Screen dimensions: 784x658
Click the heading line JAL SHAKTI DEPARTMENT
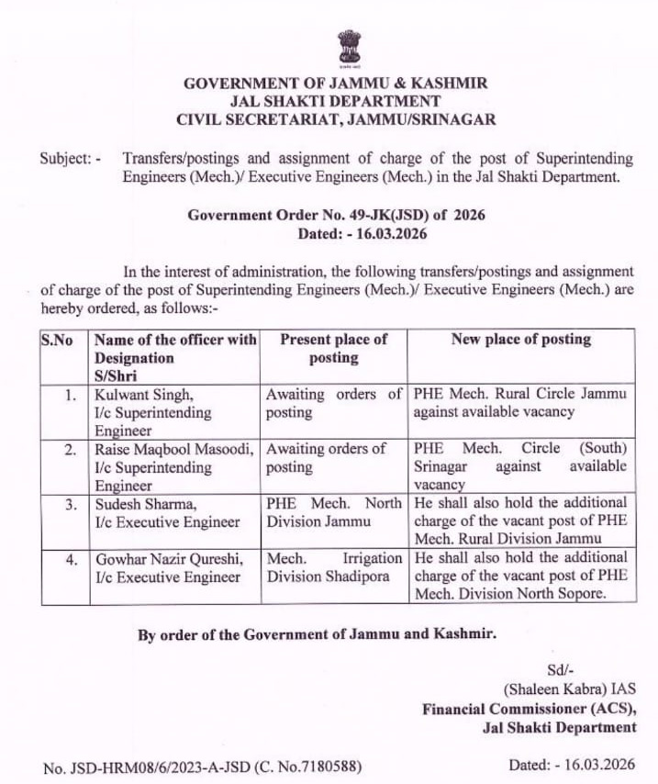(336, 101)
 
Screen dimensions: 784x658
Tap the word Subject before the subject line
(63, 158)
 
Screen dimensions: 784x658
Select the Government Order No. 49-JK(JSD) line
(336, 215)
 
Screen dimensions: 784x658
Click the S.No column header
(57, 340)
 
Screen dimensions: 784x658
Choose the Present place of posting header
(333, 348)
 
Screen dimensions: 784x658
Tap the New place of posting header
(520, 340)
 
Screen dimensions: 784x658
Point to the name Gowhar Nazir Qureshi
(170, 558)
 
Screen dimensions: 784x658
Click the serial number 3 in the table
(71, 504)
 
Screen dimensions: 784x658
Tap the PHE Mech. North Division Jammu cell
(333, 512)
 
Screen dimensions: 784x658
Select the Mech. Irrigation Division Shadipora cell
(333, 566)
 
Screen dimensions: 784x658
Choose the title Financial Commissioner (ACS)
(529, 708)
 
